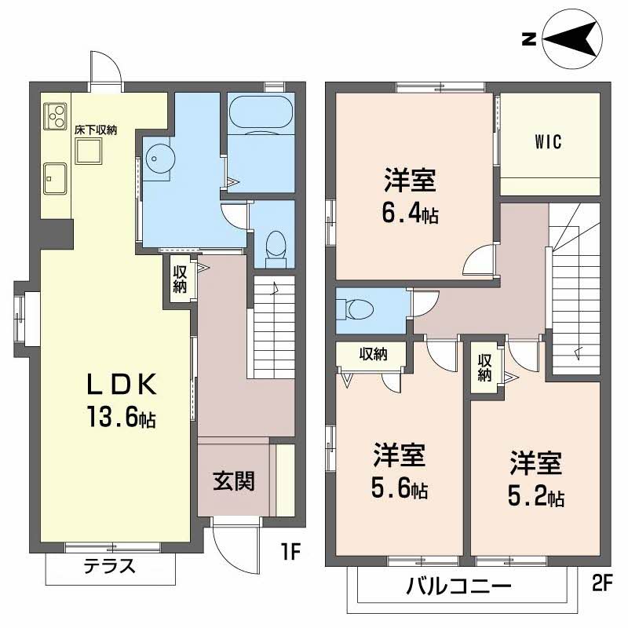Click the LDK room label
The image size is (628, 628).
click(122, 385)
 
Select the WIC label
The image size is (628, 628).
click(548, 142)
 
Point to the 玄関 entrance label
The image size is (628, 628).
click(233, 481)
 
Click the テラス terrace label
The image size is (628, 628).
click(110, 566)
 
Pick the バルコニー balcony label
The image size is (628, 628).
click(458, 586)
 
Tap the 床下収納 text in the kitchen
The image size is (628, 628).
click(95, 130)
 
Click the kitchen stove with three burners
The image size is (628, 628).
click(55, 116)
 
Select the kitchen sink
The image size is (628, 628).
click(55, 179)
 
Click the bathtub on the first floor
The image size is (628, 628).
click(261, 113)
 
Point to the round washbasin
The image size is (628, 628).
click(159, 159)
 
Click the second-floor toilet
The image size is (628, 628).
click(356, 309)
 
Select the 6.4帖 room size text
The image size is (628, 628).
click(410, 214)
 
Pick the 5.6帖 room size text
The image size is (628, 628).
click(400, 488)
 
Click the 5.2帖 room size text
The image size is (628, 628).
click(536, 496)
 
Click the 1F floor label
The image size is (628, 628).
click(290, 553)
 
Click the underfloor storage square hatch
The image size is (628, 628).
click(89, 151)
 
